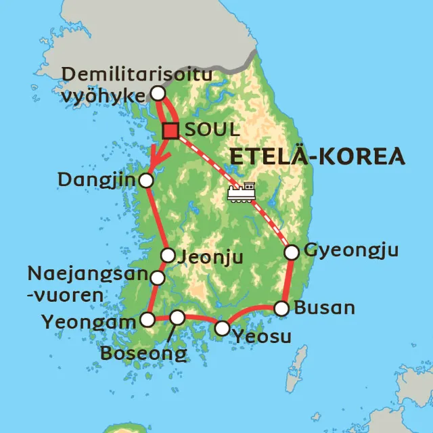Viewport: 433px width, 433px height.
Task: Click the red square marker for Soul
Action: point(170,131)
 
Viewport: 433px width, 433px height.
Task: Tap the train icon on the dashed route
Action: point(242,192)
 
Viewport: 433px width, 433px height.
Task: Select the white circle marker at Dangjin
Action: point(146,180)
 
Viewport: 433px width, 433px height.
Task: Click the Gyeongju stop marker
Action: point(292,252)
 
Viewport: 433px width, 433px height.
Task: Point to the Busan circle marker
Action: point(281,309)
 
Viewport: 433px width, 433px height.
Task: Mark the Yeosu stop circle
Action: point(222,329)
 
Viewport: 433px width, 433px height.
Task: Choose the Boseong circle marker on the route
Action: point(177,317)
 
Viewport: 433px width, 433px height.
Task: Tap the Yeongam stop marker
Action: point(147,319)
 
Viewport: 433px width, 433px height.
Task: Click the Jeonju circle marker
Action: point(168,255)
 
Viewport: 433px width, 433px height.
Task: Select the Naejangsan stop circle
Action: point(158,277)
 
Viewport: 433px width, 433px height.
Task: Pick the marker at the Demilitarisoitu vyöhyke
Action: point(158,93)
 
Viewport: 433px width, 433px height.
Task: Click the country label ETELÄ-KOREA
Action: point(317,156)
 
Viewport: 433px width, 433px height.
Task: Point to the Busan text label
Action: point(325,309)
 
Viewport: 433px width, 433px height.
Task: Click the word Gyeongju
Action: point(351,251)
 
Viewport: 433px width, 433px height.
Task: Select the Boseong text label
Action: point(143,353)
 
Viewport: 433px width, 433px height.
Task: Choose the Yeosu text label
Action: point(260,336)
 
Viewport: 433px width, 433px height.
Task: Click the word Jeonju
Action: point(210,256)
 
